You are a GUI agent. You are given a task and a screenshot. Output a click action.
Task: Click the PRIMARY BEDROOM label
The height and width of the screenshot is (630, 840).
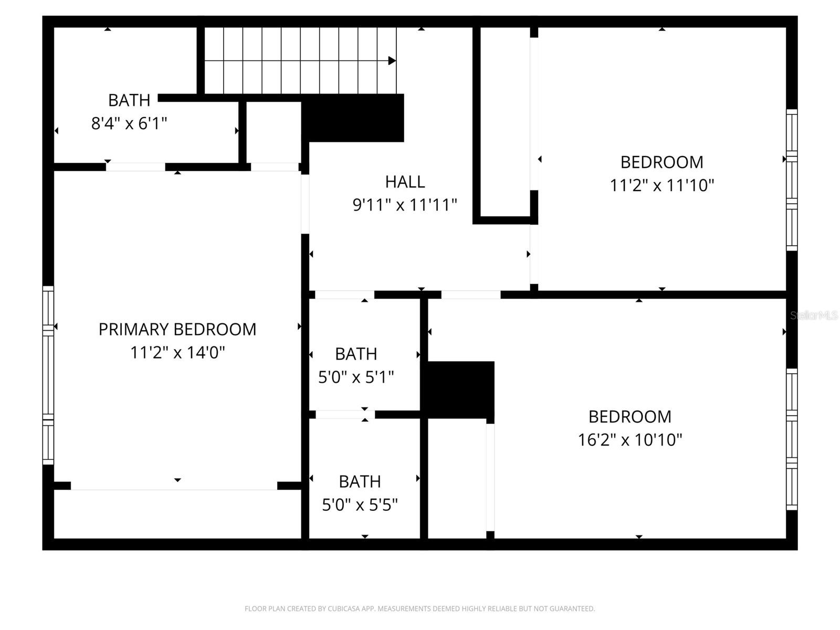pos(177,329)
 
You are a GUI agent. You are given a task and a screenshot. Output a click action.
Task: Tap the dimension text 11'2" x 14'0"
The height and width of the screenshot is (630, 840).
pos(177,352)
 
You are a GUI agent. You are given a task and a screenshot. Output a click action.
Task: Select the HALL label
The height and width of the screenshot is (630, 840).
pos(405,182)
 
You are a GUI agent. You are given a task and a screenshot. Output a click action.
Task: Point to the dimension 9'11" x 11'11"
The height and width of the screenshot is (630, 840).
pos(405,205)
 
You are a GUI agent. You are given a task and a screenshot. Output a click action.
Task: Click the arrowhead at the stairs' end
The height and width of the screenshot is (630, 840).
pos(392,61)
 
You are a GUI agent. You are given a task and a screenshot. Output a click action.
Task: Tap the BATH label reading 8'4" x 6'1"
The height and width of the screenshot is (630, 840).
pos(129,100)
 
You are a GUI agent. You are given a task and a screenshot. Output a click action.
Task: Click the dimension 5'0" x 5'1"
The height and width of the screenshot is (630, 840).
pos(356,377)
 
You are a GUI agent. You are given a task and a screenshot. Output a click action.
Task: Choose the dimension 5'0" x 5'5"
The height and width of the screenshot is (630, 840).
pos(360,505)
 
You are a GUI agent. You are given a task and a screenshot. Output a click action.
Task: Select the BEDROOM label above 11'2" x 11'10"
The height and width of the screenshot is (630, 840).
pos(661,162)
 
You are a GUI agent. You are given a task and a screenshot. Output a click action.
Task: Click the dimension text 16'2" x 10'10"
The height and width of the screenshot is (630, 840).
pos(630,439)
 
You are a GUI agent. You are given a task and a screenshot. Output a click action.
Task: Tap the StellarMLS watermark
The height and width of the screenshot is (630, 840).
pos(814,316)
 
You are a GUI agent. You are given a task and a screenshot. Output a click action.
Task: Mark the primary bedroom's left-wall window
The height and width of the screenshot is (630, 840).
pos(48,375)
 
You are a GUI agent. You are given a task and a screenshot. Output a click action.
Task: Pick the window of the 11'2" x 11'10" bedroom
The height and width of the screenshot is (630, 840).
pos(792,180)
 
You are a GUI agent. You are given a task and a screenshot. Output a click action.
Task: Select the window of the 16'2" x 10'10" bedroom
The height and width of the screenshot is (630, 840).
pos(792,439)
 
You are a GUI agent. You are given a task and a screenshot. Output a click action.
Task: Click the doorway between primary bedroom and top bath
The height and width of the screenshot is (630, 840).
pos(135,167)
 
